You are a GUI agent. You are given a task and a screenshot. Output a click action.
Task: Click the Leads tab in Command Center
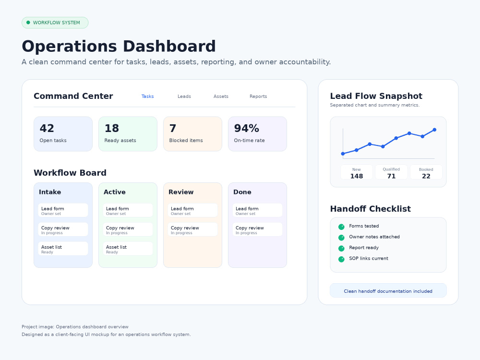(184, 96)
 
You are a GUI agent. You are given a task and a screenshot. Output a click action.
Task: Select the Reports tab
(258, 96)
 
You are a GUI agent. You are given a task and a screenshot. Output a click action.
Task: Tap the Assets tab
(221, 96)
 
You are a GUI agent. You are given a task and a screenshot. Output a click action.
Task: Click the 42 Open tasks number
(47, 128)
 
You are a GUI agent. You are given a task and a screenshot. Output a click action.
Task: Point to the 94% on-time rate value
(246, 128)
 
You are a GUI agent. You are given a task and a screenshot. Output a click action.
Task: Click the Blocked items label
(186, 141)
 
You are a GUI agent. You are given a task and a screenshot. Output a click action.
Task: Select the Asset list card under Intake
(63, 249)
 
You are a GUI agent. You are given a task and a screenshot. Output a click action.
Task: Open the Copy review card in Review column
(192, 229)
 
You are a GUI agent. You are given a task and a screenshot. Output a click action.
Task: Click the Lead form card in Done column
(257, 210)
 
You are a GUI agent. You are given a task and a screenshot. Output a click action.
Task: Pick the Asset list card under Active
(128, 249)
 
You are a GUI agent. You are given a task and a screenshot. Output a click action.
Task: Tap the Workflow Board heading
(70, 173)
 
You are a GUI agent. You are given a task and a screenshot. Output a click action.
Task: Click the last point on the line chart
(434, 130)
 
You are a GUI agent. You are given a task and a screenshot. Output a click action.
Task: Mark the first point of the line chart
(343, 154)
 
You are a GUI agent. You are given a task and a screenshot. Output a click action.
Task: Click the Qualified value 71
(391, 176)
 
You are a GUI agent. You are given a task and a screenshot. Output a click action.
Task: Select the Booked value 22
(426, 176)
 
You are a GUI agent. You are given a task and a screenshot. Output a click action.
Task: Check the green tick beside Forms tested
(341, 227)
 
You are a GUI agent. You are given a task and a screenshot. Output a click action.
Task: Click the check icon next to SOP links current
(341, 259)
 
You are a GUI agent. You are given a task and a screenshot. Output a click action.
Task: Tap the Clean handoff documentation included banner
(388, 290)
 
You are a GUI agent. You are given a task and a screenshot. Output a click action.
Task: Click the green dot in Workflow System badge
(28, 23)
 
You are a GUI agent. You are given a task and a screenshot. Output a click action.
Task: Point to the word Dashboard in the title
(169, 47)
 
